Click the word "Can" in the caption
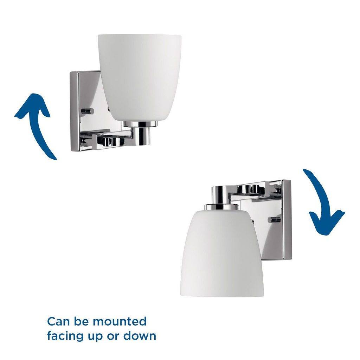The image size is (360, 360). (59, 321)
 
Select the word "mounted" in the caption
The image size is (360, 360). (120, 321)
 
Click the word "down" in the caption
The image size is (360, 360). (140, 336)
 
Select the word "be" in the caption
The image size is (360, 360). (82, 321)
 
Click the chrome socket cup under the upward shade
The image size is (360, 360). (140, 133)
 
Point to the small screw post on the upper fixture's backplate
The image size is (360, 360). (88, 111)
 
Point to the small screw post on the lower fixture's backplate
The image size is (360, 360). (274, 220)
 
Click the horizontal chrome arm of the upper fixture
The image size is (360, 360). (112, 138)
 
